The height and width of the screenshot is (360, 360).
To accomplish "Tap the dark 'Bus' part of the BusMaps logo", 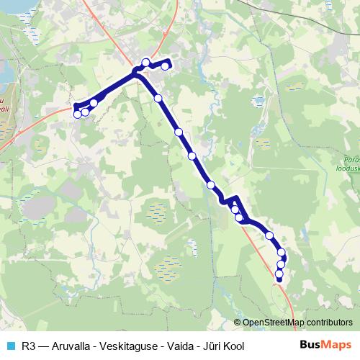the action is tap(310, 346).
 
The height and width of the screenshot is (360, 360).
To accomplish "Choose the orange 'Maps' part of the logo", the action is tap(338, 346).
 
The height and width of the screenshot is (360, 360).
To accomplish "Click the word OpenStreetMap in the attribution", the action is tap(274, 323).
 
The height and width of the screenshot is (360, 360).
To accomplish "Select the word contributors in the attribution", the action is tap(329, 323).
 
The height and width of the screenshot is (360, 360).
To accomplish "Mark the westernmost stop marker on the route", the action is tap(77, 114).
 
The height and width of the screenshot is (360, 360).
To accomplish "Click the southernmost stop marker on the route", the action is tap(279, 274).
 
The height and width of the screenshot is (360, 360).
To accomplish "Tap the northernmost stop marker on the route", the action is tap(146, 62).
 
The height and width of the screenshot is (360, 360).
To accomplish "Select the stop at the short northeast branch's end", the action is tap(165, 66).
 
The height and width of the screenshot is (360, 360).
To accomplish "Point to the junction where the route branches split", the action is tap(135, 72).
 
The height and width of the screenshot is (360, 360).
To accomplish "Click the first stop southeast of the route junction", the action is tap(158, 99).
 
